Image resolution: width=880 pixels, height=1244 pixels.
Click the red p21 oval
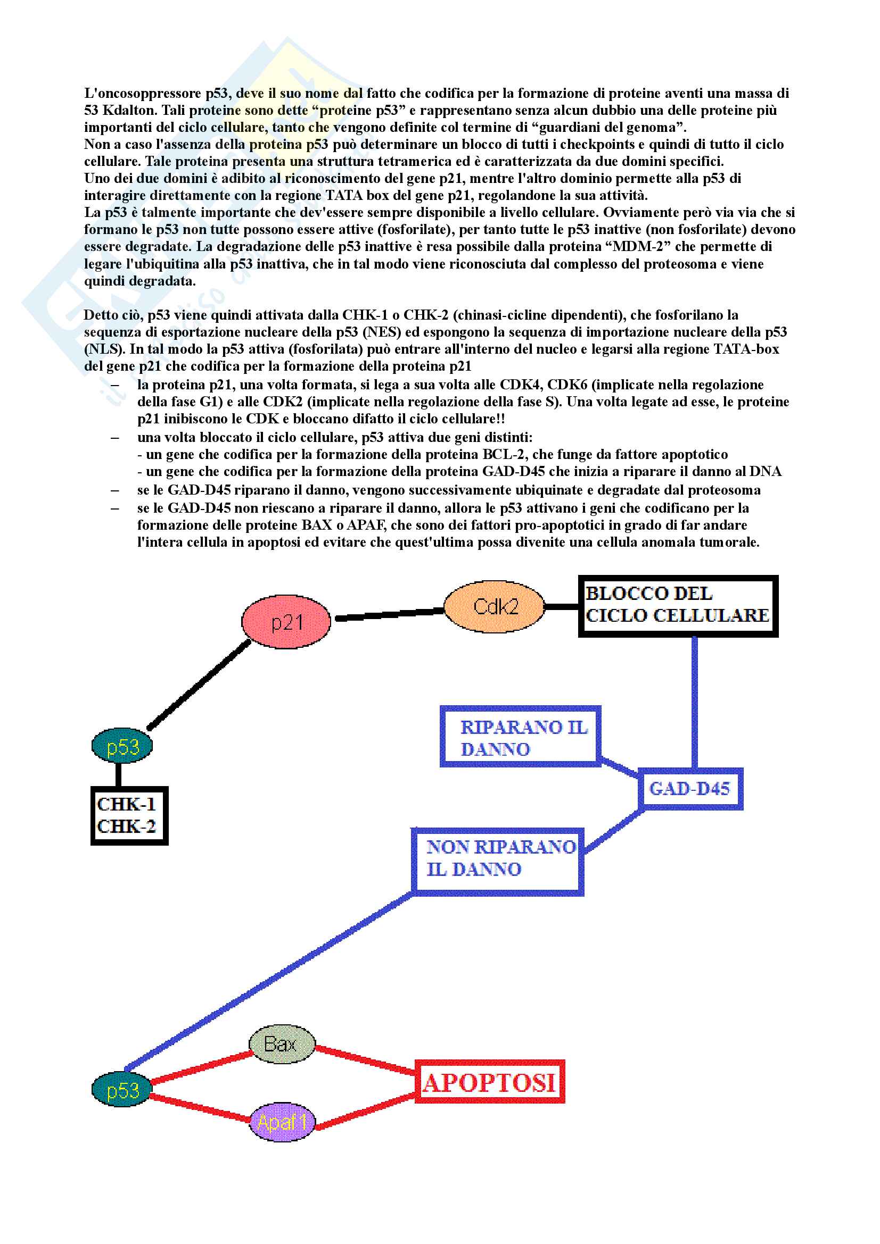click(286, 622)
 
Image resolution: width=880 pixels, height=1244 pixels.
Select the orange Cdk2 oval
click(495, 606)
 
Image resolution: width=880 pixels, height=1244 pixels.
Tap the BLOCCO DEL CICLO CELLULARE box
click(677, 605)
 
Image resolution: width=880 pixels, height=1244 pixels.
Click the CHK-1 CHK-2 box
click(128, 815)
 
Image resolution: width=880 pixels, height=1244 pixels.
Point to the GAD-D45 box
click(690, 788)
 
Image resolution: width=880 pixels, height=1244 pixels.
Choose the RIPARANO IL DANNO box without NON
click(521, 737)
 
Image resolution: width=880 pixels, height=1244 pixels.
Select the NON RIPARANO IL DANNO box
click(497, 858)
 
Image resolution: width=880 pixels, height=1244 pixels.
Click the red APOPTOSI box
click(490, 1082)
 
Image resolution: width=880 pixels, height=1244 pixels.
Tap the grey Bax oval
click(282, 1043)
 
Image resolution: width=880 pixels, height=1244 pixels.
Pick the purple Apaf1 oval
click(282, 1122)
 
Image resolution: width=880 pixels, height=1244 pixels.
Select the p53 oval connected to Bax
click(122, 1090)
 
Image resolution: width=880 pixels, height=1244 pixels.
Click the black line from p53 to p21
click(198, 685)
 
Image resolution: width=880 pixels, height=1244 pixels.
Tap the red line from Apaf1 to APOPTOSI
click(364, 1112)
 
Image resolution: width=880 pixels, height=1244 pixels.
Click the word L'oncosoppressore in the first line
click(143, 94)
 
